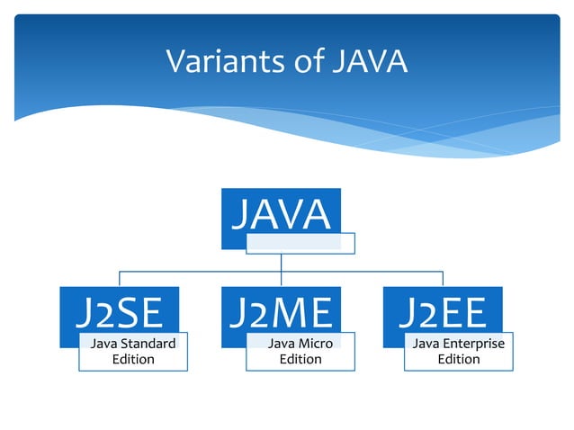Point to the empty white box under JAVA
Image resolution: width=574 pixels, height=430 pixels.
(x=300, y=243)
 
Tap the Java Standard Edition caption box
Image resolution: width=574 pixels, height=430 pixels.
(x=133, y=352)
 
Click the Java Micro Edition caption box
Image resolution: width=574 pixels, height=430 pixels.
(x=300, y=352)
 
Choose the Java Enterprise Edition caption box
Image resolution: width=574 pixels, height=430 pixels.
(x=458, y=352)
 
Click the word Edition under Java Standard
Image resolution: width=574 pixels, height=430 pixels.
(x=133, y=359)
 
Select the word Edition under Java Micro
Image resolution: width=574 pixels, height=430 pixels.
(x=300, y=359)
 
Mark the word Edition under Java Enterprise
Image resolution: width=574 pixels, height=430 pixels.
(x=458, y=359)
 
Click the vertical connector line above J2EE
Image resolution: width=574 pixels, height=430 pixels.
(x=442, y=278)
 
